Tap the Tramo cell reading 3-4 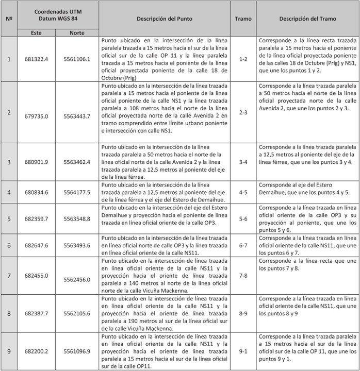(243, 162)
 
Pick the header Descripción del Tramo (307, 19)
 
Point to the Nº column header (9, 19)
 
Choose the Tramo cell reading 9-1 (243, 351)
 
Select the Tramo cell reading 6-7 (243, 246)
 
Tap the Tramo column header (243, 19)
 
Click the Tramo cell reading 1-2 (243, 59)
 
